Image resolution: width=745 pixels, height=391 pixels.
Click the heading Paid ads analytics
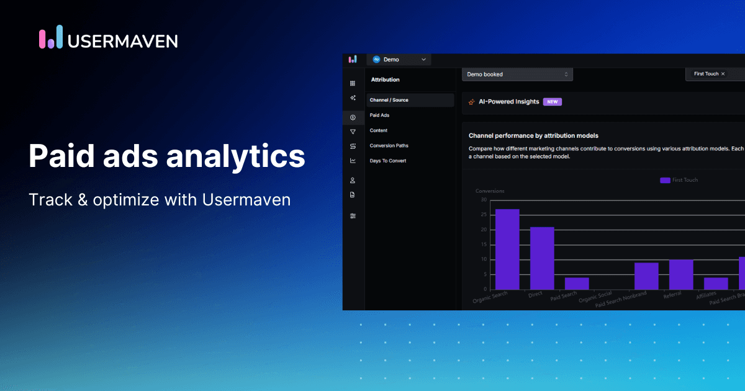[x=167, y=156]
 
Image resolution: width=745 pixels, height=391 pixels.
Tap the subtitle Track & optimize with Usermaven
[x=160, y=200]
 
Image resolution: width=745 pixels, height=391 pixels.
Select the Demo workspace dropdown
[x=399, y=60]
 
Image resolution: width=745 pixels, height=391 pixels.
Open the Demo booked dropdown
[x=517, y=74]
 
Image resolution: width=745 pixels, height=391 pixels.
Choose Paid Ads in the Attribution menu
[x=379, y=115]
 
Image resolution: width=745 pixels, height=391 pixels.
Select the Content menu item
[x=379, y=130]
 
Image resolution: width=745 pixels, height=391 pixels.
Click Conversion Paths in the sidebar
[x=389, y=146]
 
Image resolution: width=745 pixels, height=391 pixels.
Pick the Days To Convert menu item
[x=388, y=161]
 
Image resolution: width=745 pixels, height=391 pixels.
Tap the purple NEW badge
[x=552, y=102]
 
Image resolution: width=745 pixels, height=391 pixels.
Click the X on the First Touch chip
[x=723, y=74]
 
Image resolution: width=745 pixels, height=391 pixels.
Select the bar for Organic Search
[x=507, y=249]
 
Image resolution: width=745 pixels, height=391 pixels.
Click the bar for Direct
[x=542, y=258]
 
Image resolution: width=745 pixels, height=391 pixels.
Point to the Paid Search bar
[x=577, y=283]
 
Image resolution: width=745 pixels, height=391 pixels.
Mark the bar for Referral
[x=681, y=274]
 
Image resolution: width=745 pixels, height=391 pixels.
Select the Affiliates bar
[x=716, y=283]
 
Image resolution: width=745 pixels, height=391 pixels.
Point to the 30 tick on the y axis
[x=484, y=200]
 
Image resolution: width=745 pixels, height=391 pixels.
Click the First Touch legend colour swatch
[x=665, y=180]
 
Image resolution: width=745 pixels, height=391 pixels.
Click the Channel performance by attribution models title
[x=533, y=135]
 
